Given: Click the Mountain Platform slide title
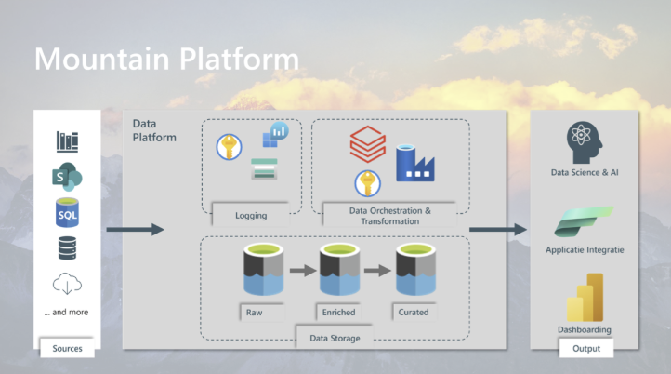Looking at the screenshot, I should (167, 59).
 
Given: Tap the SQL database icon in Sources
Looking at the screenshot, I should (67, 212).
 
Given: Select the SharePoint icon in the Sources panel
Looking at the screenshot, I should (67, 177).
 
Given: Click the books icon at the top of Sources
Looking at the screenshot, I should (67, 141).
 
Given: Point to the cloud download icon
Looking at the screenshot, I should (67, 283).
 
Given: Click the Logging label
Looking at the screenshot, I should (251, 216).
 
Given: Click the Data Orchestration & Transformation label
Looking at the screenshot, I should (390, 216).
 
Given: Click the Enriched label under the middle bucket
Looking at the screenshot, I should (338, 313).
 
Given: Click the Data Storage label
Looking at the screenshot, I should (335, 338).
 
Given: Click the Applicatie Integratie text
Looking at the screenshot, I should (585, 250).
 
